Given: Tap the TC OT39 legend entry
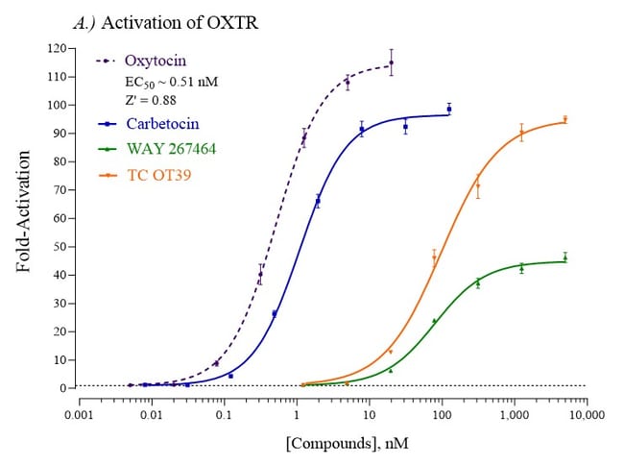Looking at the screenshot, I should click(x=158, y=176).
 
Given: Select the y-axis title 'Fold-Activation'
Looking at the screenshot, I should click(x=26, y=218).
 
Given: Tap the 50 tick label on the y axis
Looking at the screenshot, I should click(x=60, y=247).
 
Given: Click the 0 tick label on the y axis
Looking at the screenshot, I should click(x=64, y=388).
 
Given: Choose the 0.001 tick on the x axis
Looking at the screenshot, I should click(x=79, y=416).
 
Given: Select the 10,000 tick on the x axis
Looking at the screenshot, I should click(x=586, y=416).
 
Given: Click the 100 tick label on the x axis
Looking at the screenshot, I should click(x=442, y=416).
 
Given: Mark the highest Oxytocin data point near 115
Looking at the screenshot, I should click(x=391, y=63).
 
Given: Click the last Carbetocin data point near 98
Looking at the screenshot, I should click(x=448, y=110).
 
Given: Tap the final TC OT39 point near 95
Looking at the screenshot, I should click(x=565, y=120).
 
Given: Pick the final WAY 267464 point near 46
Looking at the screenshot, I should click(x=565, y=258).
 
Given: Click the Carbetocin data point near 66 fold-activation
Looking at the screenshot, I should click(x=318, y=201).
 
